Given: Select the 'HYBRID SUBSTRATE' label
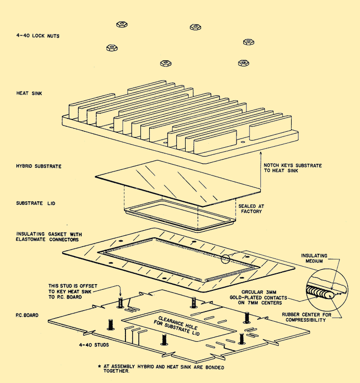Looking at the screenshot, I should click(39, 166).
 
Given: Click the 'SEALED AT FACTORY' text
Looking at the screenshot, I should click(250, 208).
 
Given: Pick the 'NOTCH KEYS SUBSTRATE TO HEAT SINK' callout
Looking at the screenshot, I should click(293, 167).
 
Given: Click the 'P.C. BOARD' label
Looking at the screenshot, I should click(29, 313).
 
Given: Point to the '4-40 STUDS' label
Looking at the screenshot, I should click(93, 345).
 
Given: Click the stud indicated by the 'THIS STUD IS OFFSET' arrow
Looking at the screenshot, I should click(120, 303).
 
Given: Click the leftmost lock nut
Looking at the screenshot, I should click(110, 47).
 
